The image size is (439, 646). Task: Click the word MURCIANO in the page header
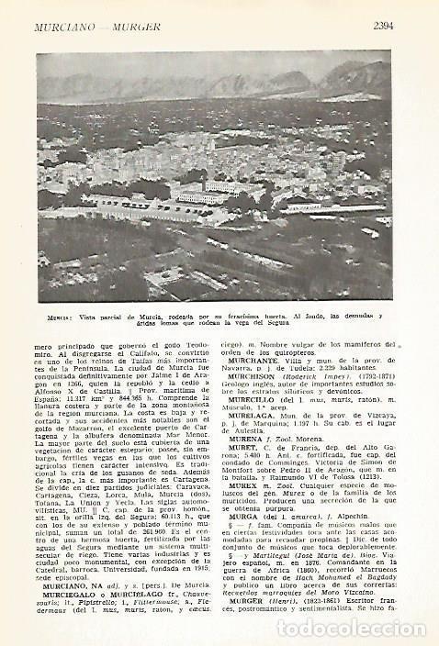click(64, 26)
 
